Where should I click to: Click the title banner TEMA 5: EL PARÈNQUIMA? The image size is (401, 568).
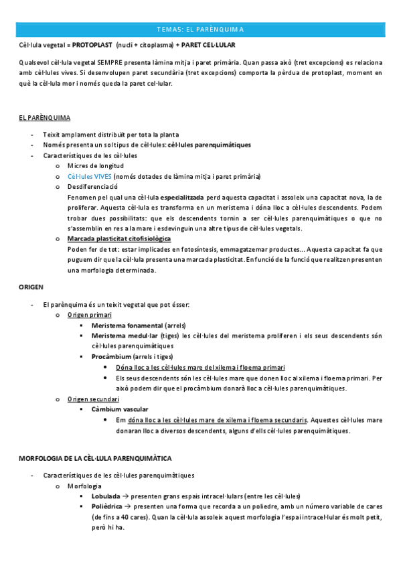click(200, 29)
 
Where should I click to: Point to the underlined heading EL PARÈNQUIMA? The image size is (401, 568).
click(45, 118)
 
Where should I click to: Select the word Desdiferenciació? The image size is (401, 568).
click(92, 187)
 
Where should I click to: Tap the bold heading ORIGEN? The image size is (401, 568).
click(31, 287)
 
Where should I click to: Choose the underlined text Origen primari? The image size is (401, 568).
click(89, 315)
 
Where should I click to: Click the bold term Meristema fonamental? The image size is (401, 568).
click(127, 325)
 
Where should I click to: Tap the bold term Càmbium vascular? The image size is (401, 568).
click(120, 409)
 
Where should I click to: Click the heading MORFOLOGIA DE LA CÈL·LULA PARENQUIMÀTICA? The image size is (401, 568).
click(95, 459)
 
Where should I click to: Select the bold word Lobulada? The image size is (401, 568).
click(106, 496)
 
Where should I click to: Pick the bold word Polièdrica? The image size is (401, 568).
click(108, 507)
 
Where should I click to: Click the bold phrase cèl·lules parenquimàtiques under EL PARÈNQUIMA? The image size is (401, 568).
click(210, 145)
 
